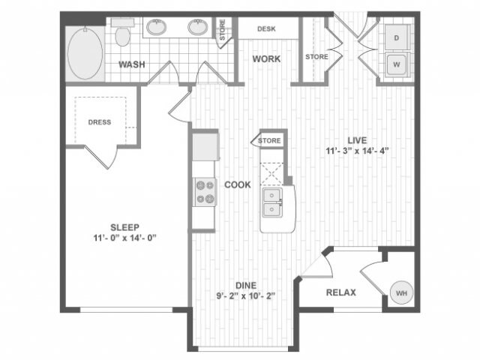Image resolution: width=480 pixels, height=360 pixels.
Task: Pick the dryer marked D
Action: pyautogui.click(x=396, y=37)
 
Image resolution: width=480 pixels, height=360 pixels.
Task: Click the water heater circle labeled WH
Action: pyautogui.click(x=401, y=292)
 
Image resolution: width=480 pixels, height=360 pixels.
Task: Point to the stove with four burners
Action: pyautogui.click(x=204, y=191)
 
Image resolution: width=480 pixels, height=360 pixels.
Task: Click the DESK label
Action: pyautogui.click(x=267, y=29)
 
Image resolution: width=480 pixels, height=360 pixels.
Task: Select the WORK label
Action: pyautogui.click(x=266, y=58)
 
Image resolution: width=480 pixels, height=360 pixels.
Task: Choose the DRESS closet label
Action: pyautogui.click(x=100, y=121)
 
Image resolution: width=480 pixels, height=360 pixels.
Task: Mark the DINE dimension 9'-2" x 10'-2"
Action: pyautogui.click(x=247, y=296)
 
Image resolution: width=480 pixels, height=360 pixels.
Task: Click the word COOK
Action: pyautogui.click(x=237, y=184)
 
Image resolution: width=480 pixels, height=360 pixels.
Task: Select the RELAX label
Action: pyautogui.click(x=340, y=292)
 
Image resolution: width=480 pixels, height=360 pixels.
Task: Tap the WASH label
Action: pyautogui.click(x=132, y=64)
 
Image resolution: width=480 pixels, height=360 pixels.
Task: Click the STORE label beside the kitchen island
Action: pyautogui.click(x=269, y=140)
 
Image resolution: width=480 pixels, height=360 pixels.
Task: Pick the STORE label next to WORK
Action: pyautogui.click(x=316, y=57)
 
